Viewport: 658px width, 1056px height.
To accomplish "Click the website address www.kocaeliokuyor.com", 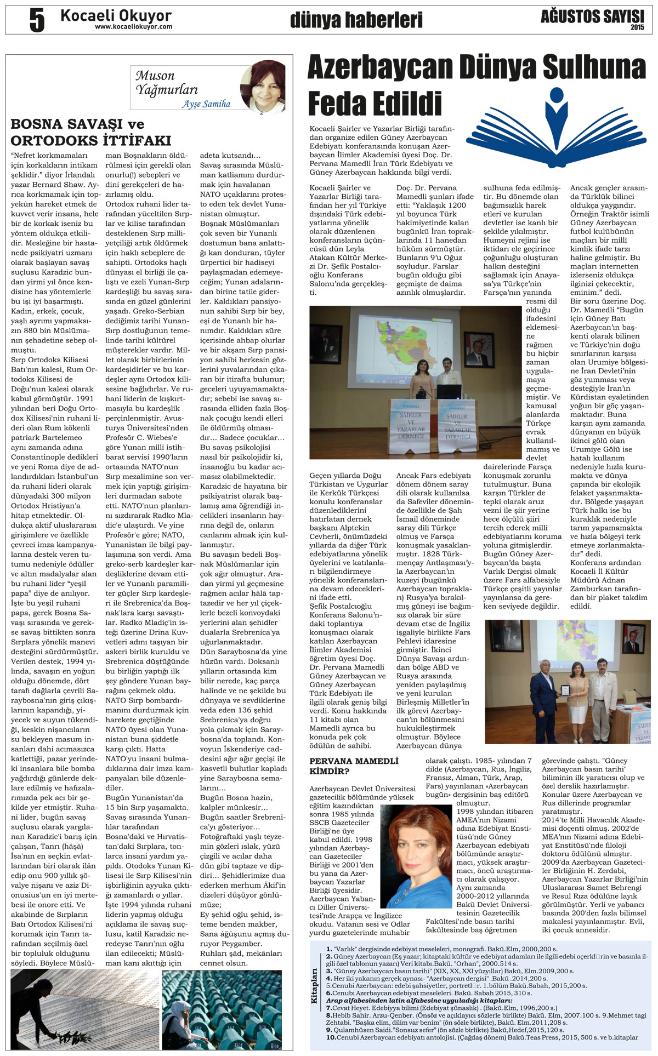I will pyautogui.click(x=133, y=27).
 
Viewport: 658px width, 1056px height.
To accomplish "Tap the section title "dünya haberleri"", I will pyautogui.click(x=356, y=20).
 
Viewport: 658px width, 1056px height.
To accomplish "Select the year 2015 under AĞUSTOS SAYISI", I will pyautogui.click(x=637, y=27).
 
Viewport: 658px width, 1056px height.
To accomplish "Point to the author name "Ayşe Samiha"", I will pyautogui.click(x=206, y=104).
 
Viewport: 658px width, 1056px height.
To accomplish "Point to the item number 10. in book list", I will pyautogui.click(x=331, y=1037).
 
